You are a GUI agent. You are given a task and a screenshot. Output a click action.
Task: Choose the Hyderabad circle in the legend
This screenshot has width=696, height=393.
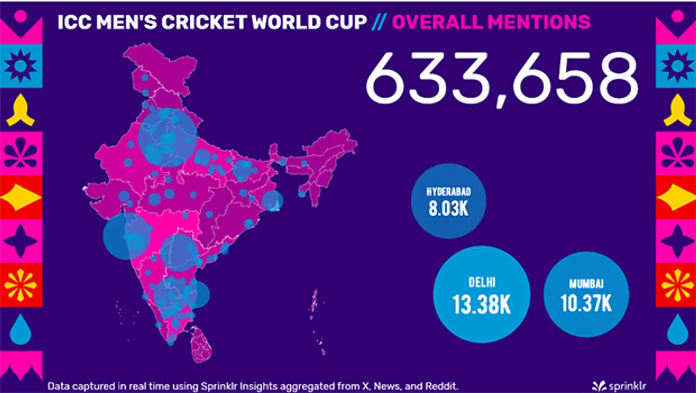click(448, 201)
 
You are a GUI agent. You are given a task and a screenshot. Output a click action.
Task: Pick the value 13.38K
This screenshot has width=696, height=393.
click(481, 304)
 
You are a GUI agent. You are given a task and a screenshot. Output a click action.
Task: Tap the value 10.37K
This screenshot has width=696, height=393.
click(586, 304)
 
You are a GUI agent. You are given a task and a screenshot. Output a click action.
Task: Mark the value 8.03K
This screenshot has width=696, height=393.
click(448, 209)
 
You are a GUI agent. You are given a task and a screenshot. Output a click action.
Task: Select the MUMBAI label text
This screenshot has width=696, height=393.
click(586, 284)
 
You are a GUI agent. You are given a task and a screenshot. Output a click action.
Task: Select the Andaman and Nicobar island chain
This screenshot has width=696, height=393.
click(314, 310)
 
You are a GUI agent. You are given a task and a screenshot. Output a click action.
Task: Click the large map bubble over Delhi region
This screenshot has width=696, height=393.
click(167, 137)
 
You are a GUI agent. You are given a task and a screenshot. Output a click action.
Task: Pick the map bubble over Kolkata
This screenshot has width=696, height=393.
click(272, 201)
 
